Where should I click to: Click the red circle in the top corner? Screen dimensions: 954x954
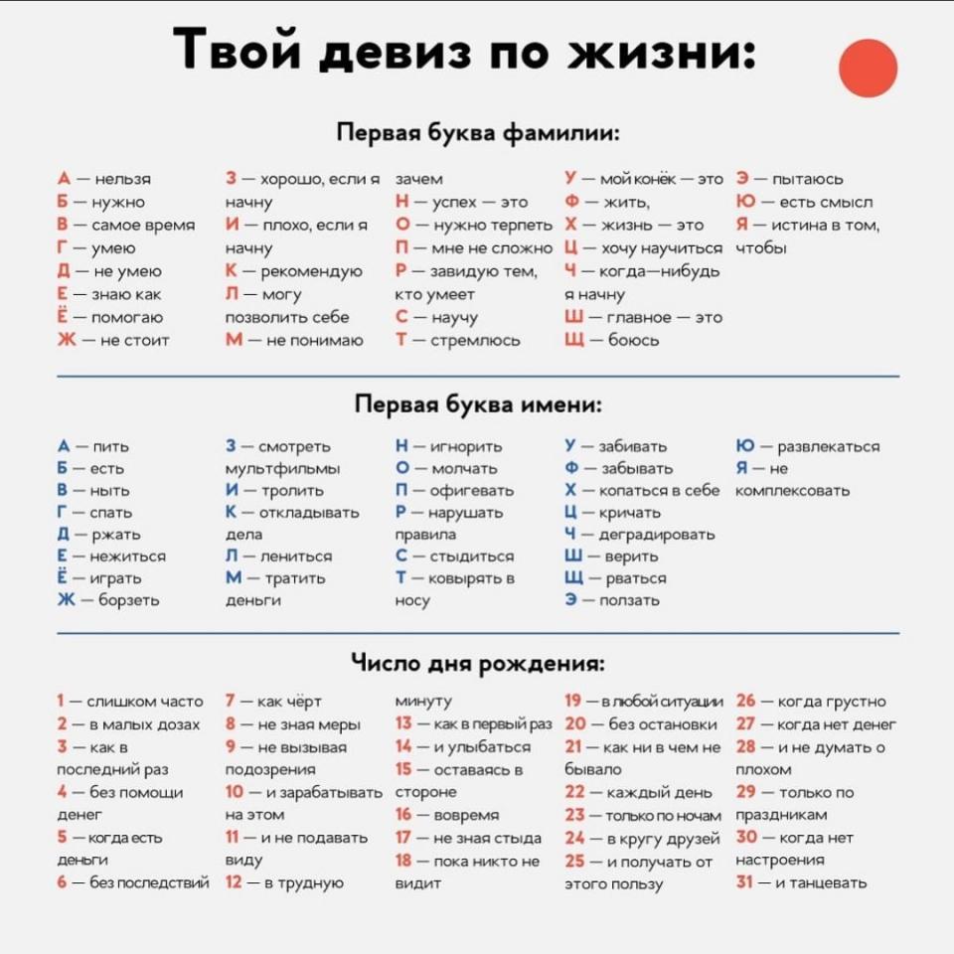click(x=868, y=68)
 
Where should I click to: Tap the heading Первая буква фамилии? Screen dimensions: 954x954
click(x=478, y=134)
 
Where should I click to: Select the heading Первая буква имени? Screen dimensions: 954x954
click(x=478, y=404)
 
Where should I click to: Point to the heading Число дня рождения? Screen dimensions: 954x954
click(x=478, y=663)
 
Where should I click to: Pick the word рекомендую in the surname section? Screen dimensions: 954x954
click(x=310, y=271)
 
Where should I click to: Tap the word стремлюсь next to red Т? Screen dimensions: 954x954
click(x=475, y=340)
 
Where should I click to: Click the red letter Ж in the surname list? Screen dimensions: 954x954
click(x=66, y=340)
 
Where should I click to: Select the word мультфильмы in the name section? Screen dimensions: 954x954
click(x=283, y=468)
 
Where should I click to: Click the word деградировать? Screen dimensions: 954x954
click(x=657, y=535)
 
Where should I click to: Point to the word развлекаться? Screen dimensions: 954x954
click(x=828, y=446)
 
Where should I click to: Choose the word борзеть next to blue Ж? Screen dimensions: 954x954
click(x=128, y=600)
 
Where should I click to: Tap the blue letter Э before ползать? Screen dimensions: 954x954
click(x=572, y=600)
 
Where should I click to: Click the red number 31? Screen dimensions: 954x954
click(x=745, y=882)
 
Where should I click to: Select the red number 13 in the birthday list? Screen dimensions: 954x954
click(x=403, y=723)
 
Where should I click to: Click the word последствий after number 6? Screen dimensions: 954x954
click(x=149, y=882)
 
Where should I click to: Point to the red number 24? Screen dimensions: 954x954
click(x=574, y=838)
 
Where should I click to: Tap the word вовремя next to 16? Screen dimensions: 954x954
click(x=467, y=815)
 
